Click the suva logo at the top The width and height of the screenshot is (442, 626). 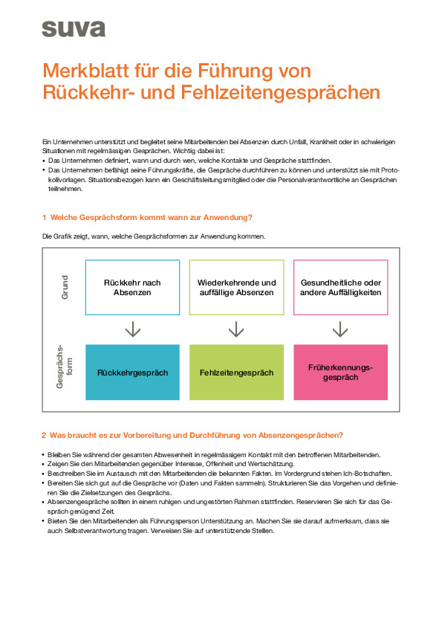click(73, 29)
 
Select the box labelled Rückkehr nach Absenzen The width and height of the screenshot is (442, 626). click(132, 288)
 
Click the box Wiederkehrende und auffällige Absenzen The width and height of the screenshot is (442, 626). click(236, 288)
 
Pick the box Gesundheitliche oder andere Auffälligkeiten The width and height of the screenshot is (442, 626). click(340, 288)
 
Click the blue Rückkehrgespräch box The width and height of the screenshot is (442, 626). click(132, 372)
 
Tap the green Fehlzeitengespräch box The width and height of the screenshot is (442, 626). click(236, 372)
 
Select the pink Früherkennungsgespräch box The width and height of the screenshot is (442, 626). click(340, 372)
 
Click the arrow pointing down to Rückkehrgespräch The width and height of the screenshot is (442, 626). click(132, 329)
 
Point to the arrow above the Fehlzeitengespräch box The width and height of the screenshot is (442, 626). click(236, 329)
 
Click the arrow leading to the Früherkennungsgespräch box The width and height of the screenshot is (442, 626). click(340, 329)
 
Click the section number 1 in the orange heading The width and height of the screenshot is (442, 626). click(44, 217)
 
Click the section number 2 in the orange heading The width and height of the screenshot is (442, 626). click(44, 435)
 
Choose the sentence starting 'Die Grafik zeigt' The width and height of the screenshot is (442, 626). click(153, 236)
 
